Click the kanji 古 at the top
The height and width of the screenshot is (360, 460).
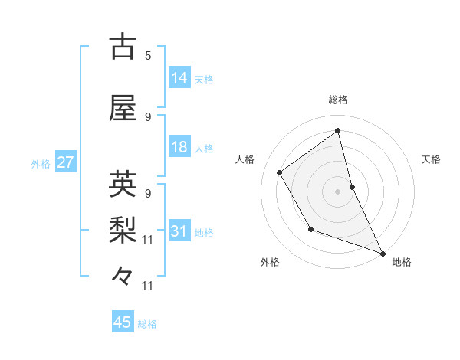click(x=123, y=47)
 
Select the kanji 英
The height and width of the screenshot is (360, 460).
click(x=123, y=184)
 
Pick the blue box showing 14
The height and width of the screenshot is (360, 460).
click(x=179, y=78)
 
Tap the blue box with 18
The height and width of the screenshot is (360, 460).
click(x=179, y=147)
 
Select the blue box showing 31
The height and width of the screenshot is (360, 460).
click(x=179, y=232)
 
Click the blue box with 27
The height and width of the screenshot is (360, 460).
click(x=65, y=163)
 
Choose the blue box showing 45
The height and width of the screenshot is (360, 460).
click(x=123, y=322)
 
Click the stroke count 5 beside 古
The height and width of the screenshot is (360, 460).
click(x=148, y=56)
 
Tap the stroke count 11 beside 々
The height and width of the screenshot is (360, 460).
click(x=148, y=286)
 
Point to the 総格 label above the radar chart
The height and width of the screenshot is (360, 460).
click(x=338, y=100)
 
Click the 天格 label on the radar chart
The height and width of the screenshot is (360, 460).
click(x=432, y=159)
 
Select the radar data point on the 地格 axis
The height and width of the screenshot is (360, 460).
click(x=383, y=254)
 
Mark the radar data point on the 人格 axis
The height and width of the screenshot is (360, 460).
click(x=280, y=172)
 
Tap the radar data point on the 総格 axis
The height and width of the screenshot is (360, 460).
click(x=338, y=131)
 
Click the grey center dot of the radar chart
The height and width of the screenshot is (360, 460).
click(x=338, y=191)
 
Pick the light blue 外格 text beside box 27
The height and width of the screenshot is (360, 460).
click(x=41, y=164)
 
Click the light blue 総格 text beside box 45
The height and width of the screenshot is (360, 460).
click(x=147, y=324)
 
